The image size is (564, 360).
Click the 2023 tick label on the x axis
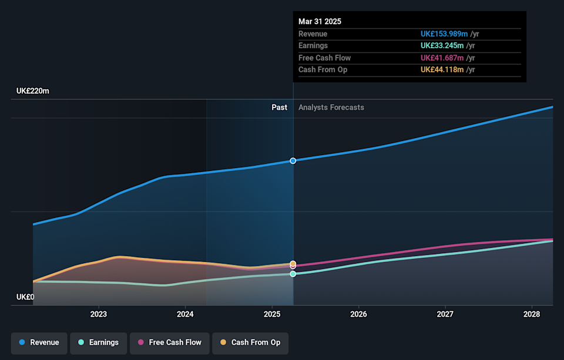[x=98, y=315]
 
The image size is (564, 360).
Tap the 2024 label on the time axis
[x=185, y=315]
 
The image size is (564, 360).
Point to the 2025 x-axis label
[x=272, y=315]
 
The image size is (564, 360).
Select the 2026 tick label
[x=358, y=315]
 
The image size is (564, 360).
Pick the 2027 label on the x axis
[x=445, y=315]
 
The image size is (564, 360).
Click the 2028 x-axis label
[x=532, y=315]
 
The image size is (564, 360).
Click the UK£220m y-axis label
[x=33, y=91]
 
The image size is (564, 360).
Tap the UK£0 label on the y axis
[x=25, y=297]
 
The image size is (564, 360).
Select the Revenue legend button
[x=39, y=342]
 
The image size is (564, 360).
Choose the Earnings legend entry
[x=98, y=342]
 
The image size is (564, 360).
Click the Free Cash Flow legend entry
[x=169, y=342]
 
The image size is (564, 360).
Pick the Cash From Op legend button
[x=250, y=342]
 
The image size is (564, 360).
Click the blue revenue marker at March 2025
[x=293, y=160]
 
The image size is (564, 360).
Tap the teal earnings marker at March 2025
[x=293, y=274]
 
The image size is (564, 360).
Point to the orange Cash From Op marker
[x=293, y=264]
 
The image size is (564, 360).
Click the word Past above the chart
[x=279, y=107]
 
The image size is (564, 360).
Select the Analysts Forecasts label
[x=331, y=107]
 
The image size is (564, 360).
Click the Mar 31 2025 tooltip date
[x=320, y=21]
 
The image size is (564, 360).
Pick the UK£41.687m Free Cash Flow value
[x=442, y=58]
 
